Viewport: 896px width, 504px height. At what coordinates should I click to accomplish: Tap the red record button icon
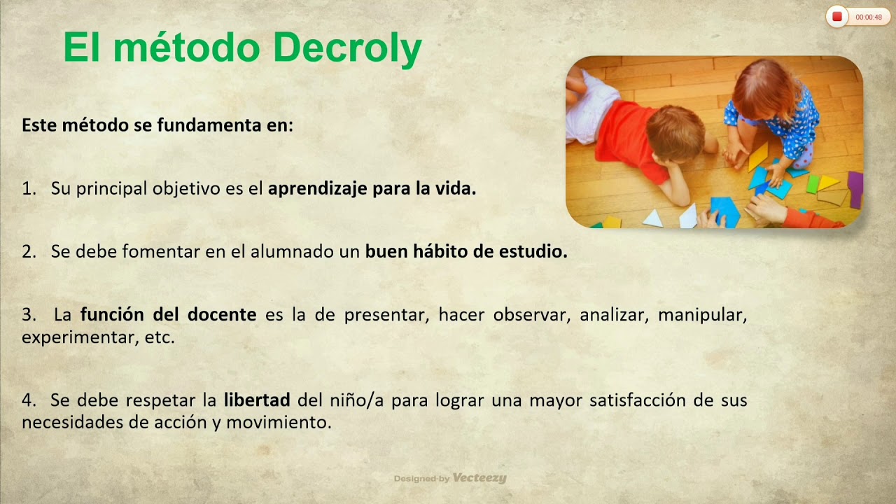pyautogui.click(x=836, y=17)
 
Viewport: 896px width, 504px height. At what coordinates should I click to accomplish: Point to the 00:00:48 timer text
pyautogui.click(x=869, y=17)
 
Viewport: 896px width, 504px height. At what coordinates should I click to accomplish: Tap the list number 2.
pyautogui.click(x=28, y=252)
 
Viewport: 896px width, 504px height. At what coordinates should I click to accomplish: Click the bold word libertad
pyautogui.click(x=257, y=400)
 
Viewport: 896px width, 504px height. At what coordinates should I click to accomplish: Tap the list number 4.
pyautogui.click(x=28, y=400)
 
